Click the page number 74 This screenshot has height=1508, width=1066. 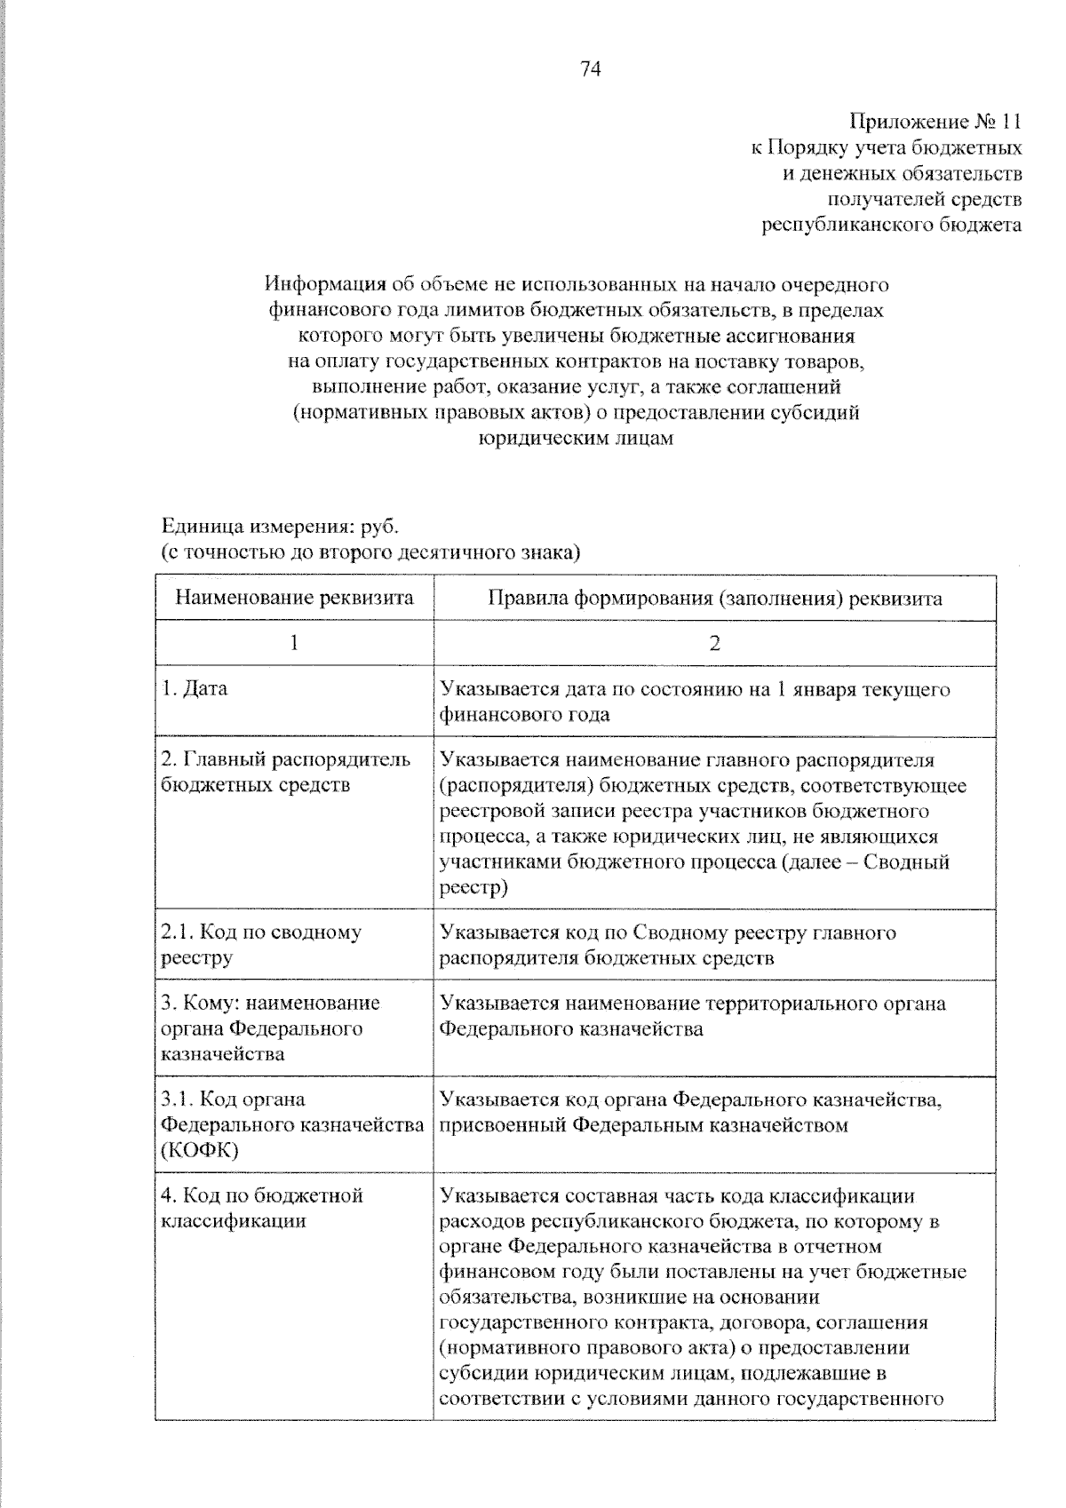(x=591, y=69)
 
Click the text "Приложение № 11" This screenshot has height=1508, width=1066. (x=935, y=122)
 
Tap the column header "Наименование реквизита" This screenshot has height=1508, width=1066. (x=294, y=598)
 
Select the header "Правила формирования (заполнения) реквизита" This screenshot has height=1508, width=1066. (x=714, y=598)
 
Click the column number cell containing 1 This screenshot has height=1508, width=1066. (x=294, y=643)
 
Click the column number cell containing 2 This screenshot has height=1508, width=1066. (x=714, y=643)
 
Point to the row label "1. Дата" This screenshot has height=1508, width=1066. (x=195, y=689)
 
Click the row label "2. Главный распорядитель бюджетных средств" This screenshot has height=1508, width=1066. (x=284, y=773)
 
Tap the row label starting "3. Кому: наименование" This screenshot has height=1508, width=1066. (x=270, y=1004)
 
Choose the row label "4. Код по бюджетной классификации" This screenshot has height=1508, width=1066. (x=261, y=1208)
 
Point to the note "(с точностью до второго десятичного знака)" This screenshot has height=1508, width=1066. (x=370, y=553)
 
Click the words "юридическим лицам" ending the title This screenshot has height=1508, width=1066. (x=576, y=439)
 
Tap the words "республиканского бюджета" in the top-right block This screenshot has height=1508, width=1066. (x=892, y=225)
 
